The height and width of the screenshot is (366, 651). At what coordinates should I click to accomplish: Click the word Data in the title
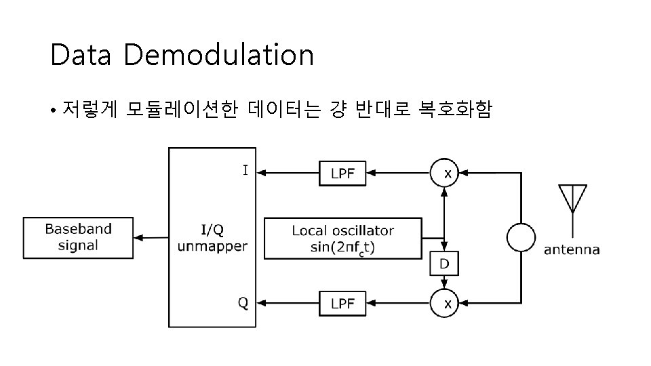(80, 56)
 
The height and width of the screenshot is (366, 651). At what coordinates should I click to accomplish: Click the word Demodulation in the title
(218, 56)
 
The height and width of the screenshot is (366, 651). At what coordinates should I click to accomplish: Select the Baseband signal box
(78, 238)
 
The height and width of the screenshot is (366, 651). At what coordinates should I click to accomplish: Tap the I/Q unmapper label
(212, 238)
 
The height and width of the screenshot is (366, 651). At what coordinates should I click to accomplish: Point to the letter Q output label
(243, 303)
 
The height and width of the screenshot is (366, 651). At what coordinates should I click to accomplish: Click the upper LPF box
(342, 173)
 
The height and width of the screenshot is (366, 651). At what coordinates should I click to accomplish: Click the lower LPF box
(342, 304)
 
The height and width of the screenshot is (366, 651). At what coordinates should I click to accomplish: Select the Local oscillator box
(342, 238)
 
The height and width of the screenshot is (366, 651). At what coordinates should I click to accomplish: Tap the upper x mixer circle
(446, 173)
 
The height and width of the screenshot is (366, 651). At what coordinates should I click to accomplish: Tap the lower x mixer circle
(446, 304)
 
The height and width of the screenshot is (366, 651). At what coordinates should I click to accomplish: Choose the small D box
(444, 263)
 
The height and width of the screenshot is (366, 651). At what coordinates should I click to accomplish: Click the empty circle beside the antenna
(521, 238)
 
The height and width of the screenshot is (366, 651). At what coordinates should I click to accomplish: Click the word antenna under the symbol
(572, 250)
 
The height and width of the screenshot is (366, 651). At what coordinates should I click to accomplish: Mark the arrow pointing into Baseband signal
(151, 238)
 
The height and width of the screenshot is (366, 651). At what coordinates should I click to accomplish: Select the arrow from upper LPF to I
(288, 173)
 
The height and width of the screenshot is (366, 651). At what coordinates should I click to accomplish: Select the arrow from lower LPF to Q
(288, 304)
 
